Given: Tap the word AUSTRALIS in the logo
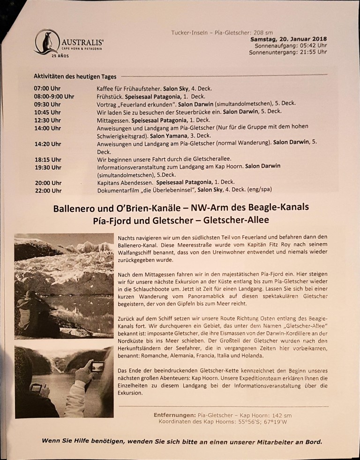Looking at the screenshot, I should click(x=82, y=41).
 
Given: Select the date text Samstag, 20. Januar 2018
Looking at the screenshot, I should click(x=288, y=39).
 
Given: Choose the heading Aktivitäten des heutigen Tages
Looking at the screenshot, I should click(x=75, y=76).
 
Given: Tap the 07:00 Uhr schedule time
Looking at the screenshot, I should click(x=47, y=88).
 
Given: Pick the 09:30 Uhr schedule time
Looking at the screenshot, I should click(x=47, y=104).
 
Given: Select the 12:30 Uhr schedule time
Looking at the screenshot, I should click(x=47, y=120).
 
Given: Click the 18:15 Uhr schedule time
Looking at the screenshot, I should click(x=47, y=159).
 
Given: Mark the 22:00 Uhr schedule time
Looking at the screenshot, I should click(x=47, y=191).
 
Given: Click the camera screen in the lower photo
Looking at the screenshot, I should click(x=97, y=367).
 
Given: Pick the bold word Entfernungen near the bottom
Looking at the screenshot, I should click(x=174, y=415).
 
